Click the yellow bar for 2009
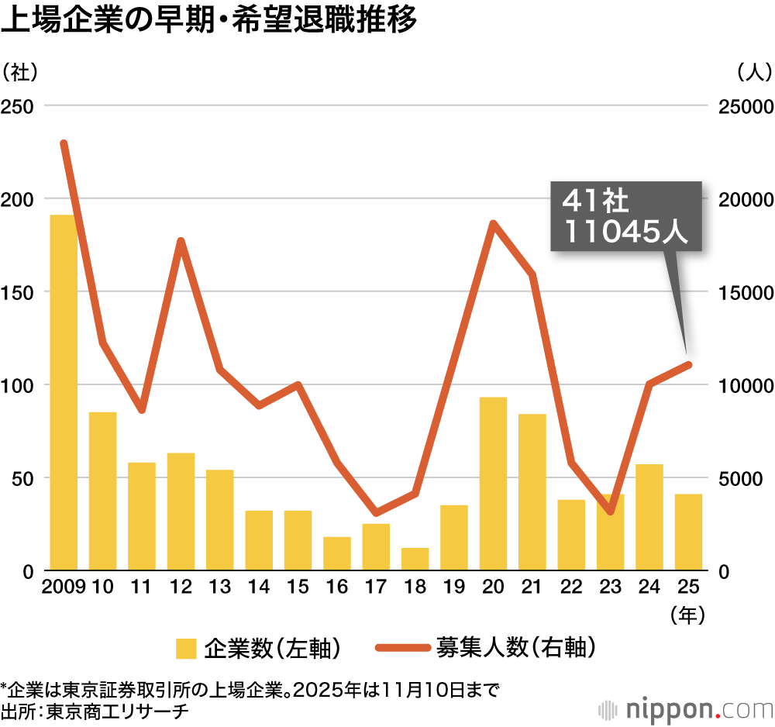pyautogui.click(x=64, y=392)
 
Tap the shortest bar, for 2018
pyautogui.click(x=415, y=559)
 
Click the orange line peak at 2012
pyautogui.click(x=181, y=241)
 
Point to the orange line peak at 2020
pyautogui.click(x=493, y=224)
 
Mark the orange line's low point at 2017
pyautogui.click(x=376, y=512)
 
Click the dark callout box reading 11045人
pyautogui.click(x=625, y=217)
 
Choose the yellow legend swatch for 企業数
pyautogui.click(x=186, y=649)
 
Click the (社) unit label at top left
pyautogui.click(x=20, y=72)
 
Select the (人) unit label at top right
pyautogui.click(x=753, y=72)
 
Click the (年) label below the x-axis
pyautogui.click(x=688, y=615)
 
